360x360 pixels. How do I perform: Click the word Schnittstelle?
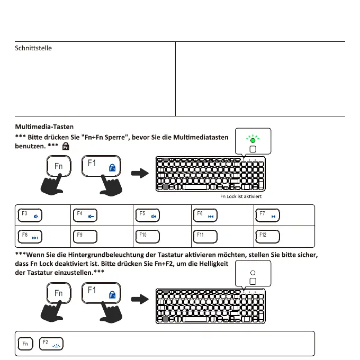[33, 49]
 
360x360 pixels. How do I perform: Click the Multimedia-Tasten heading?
[44, 127]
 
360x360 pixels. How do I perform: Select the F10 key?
[148, 235]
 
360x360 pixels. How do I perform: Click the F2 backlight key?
[50, 344]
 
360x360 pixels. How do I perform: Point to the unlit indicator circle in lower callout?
[253, 272]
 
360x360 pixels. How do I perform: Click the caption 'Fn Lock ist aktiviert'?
[241, 196]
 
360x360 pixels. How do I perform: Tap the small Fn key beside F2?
[24, 344]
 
